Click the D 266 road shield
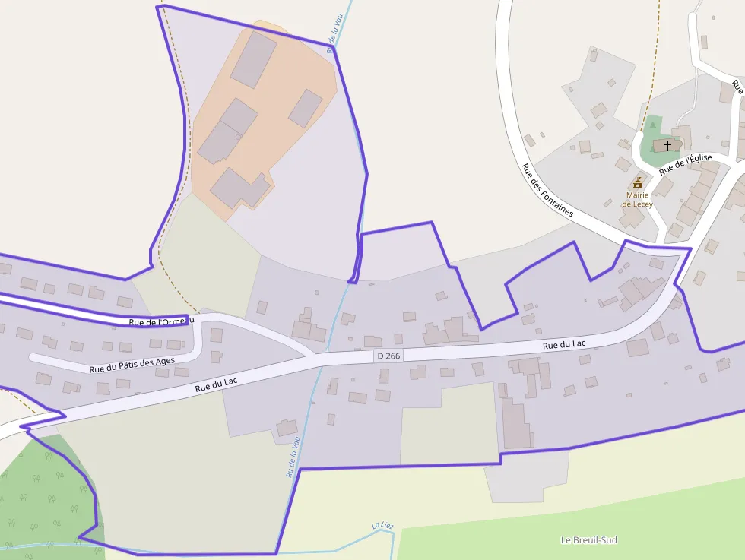(x=388, y=356)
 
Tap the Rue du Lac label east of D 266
(x=563, y=345)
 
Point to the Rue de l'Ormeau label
(x=161, y=322)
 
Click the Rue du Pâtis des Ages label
(x=132, y=365)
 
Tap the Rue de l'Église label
(x=685, y=164)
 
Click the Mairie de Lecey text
(x=637, y=200)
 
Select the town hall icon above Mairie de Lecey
(x=638, y=183)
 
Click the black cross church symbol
(x=667, y=145)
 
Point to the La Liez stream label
(x=382, y=526)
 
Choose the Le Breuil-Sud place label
(x=588, y=540)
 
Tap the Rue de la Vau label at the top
(x=334, y=34)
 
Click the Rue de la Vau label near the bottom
(x=293, y=454)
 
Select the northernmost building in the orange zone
(x=253, y=59)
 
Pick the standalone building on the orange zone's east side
(x=305, y=109)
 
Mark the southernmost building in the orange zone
(x=239, y=188)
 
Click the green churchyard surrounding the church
(x=648, y=152)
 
